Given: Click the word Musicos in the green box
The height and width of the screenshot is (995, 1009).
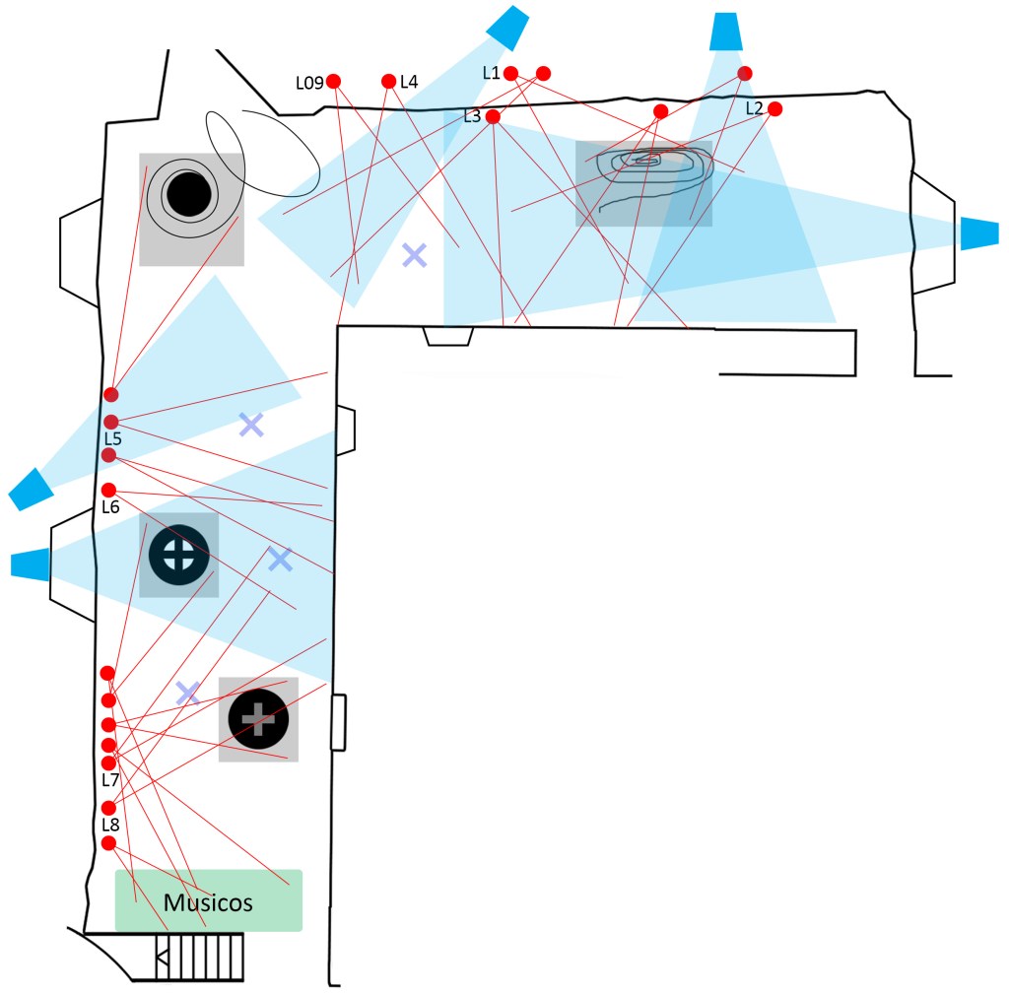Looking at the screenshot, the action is click(208, 902).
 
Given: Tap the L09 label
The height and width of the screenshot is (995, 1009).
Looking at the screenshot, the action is click(309, 83).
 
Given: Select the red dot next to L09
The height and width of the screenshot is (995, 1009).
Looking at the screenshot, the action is click(333, 81).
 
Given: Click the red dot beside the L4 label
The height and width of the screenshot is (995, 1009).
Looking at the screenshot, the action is click(388, 81).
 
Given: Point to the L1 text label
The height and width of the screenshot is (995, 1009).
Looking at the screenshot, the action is click(491, 73).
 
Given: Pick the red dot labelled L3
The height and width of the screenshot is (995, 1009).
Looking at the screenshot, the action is click(493, 116).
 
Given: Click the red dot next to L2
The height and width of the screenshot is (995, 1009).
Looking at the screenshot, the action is click(774, 108).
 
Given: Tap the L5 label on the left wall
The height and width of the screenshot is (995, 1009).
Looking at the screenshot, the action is click(112, 438).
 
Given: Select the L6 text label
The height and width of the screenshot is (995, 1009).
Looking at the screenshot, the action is click(110, 506).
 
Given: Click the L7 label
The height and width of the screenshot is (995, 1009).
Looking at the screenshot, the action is click(110, 780).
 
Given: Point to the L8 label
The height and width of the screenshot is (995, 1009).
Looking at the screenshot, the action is click(110, 825).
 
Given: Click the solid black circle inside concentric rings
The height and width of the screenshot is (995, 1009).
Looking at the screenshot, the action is click(189, 194).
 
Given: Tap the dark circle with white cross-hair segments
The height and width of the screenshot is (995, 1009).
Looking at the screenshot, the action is click(179, 555).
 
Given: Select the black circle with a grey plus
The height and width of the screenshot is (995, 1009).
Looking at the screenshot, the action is click(258, 719).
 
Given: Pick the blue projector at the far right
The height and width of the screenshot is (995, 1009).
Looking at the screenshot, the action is click(979, 232).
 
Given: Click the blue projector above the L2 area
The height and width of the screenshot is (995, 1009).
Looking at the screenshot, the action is click(726, 31).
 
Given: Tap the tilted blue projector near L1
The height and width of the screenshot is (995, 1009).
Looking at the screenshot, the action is click(507, 28).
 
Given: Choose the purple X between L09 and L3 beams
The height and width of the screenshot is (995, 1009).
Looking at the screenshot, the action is click(415, 255).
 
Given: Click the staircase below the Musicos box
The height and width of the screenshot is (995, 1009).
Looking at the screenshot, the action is click(199, 957).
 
